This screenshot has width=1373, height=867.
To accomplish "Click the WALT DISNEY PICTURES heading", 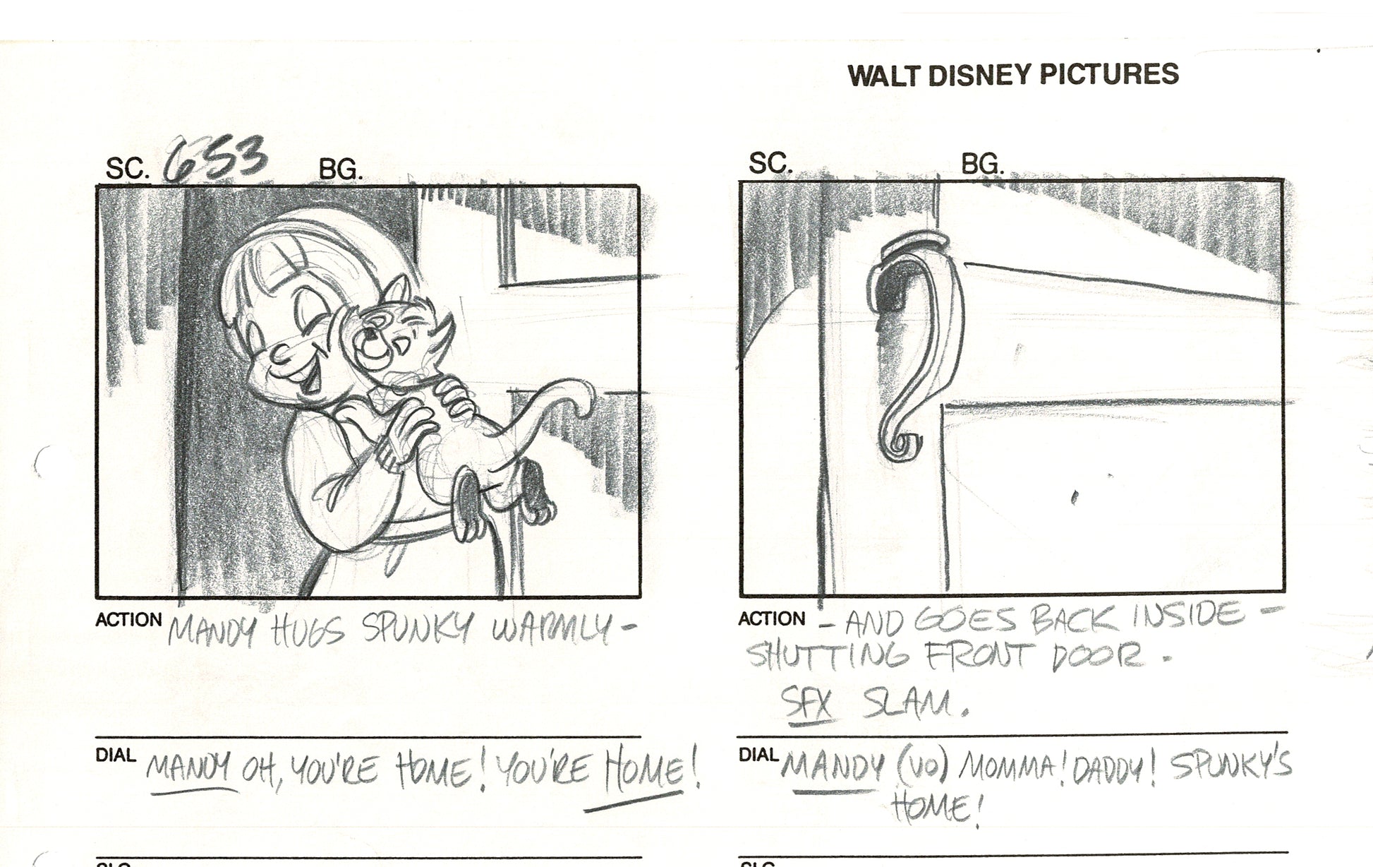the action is pos(1013,74).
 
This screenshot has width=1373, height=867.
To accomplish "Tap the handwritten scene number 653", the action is pos(216,158).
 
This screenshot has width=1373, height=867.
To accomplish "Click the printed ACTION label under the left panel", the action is pos(128,620).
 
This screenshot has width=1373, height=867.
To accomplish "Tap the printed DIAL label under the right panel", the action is pos(758,755).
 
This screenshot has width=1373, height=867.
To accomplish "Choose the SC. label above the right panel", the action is pos(770,164).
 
